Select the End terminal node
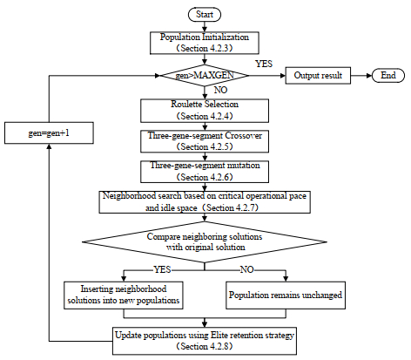387,76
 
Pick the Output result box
316,76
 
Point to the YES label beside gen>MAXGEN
263,64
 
